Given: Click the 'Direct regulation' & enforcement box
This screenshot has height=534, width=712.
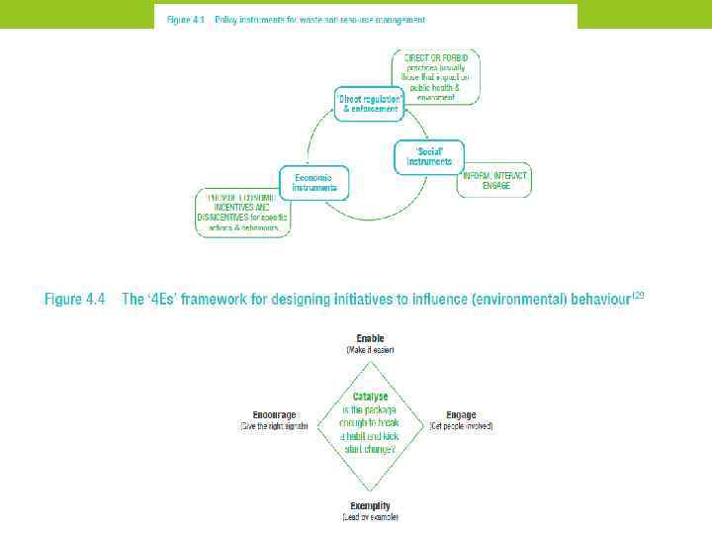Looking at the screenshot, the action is click(369, 104).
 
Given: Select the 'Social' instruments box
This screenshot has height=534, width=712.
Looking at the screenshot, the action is click(428, 156).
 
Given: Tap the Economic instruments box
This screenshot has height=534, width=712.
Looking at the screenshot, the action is click(314, 181).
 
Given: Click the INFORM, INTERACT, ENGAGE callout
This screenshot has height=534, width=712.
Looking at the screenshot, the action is click(493, 180).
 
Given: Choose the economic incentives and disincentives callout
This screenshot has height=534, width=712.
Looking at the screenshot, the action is click(243, 212).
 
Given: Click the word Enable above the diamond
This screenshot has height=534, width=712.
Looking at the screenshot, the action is click(370, 338).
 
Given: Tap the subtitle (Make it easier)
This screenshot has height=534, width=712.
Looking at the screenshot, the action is click(370, 350).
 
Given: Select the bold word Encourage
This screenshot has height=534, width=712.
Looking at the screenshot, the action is click(274, 415).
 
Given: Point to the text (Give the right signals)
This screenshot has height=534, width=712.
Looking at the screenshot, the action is click(274, 426).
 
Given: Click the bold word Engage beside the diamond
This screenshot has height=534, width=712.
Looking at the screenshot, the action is click(461, 415).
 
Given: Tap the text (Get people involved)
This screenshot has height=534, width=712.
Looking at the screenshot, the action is click(461, 426).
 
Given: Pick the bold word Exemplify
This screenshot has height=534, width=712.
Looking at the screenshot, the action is click(370, 504).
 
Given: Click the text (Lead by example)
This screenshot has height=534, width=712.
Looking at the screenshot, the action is click(370, 516).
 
